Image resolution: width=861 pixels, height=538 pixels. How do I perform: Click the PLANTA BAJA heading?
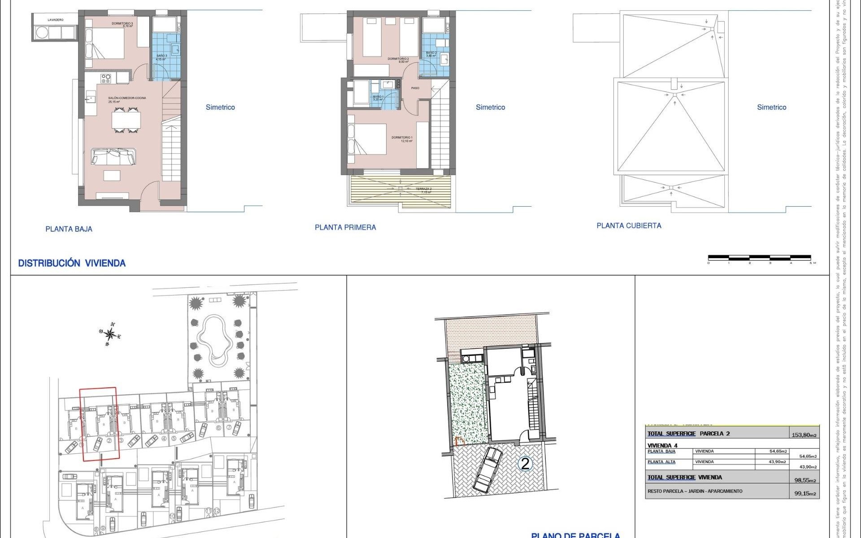pyautogui.click(x=69, y=229)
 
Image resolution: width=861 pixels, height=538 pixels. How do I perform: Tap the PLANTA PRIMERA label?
pyautogui.click(x=345, y=227)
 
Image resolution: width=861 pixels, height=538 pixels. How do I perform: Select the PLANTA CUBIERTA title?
pyautogui.click(x=629, y=226)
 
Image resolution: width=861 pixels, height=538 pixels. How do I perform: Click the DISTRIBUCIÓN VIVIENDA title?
pyautogui.click(x=72, y=263)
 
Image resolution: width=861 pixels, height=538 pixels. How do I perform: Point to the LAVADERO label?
pyautogui.click(x=56, y=20)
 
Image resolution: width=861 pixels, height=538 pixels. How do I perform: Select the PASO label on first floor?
pyautogui.click(x=415, y=88)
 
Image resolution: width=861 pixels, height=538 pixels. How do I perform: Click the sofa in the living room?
pyautogui.click(x=113, y=157)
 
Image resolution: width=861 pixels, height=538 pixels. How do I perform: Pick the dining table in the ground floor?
pyautogui.click(x=126, y=120)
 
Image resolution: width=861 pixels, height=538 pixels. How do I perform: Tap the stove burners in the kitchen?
pyautogui.click(x=106, y=79)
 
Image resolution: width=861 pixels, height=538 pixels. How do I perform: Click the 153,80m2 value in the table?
pyautogui.click(x=804, y=435)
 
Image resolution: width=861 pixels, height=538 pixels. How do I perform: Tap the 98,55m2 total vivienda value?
pyautogui.click(x=805, y=480)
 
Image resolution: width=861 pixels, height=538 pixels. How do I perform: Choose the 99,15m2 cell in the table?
pyautogui.click(x=805, y=494)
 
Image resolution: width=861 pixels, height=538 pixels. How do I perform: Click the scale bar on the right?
pyautogui.click(x=759, y=258)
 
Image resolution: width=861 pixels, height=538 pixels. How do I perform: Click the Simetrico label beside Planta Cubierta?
pyautogui.click(x=771, y=107)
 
